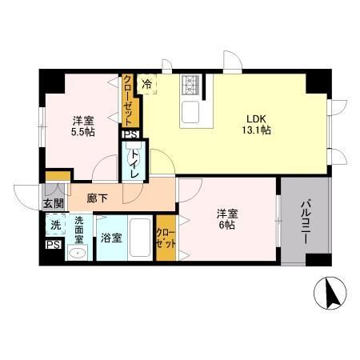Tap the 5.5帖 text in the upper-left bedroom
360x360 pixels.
(x=82, y=131)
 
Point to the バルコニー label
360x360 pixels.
(x=306, y=215)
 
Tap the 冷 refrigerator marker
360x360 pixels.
(x=147, y=82)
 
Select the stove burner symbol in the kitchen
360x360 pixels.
(x=192, y=83)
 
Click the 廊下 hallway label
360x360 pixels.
(x=98, y=198)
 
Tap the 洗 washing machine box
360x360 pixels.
(x=54, y=225)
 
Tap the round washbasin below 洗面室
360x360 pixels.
(x=77, y=254)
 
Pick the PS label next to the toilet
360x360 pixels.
(x=130, y=134)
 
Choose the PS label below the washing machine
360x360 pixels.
(x=54, y=245)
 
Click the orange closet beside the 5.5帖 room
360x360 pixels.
(x=129, y=102)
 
